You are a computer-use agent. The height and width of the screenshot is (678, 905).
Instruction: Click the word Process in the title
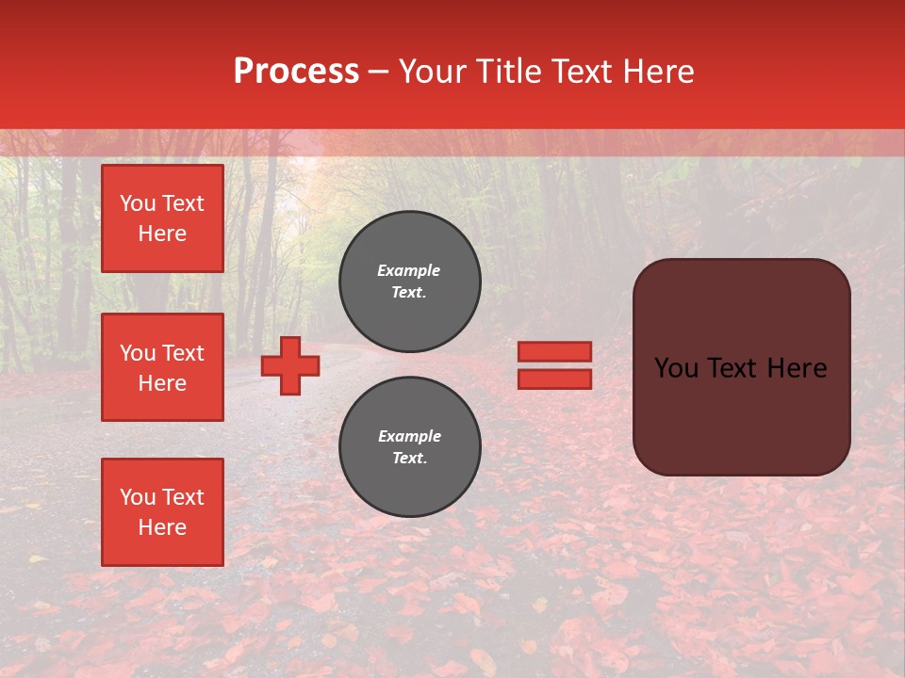tap(296, 72)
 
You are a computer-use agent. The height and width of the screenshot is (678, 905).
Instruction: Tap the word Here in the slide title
tap(654, 72)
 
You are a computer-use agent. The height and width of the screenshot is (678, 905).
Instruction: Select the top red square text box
tap(162, 218)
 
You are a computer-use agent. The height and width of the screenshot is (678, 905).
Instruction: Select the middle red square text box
tap(162, 367)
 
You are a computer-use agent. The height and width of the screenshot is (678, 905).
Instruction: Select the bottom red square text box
tap(162, 512)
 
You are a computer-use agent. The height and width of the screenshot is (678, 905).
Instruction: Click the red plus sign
tap(290, 365)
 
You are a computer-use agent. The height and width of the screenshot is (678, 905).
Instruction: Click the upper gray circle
tap(410, 282)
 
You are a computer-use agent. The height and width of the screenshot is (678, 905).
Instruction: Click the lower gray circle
tap(410, 447)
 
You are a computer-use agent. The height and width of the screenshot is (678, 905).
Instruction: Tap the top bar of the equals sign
tap(554, 352)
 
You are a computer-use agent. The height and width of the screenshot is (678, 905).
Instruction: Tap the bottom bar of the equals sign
tap(554, 379)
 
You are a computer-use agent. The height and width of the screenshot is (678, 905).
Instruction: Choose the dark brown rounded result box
tap(741, 414)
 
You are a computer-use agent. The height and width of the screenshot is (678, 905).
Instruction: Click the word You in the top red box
tap(138, 203)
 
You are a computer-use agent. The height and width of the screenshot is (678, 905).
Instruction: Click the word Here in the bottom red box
tap(162, 527)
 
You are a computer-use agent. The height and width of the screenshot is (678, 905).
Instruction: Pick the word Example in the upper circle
tap(409, 270)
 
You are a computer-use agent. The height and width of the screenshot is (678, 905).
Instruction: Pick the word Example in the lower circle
tap(409, 436)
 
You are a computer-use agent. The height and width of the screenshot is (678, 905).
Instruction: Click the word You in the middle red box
tap(138, 353)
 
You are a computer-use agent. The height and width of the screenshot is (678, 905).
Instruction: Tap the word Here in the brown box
tap(798, 368)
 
